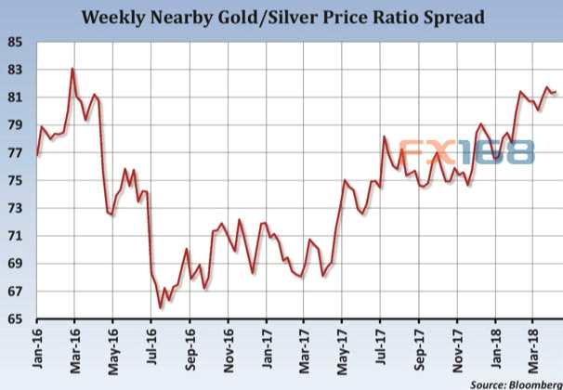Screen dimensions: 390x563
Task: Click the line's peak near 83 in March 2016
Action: click(73, 69)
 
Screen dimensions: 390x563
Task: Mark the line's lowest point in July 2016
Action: click(161, 307)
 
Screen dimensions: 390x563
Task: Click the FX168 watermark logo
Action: click(467, 151)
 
